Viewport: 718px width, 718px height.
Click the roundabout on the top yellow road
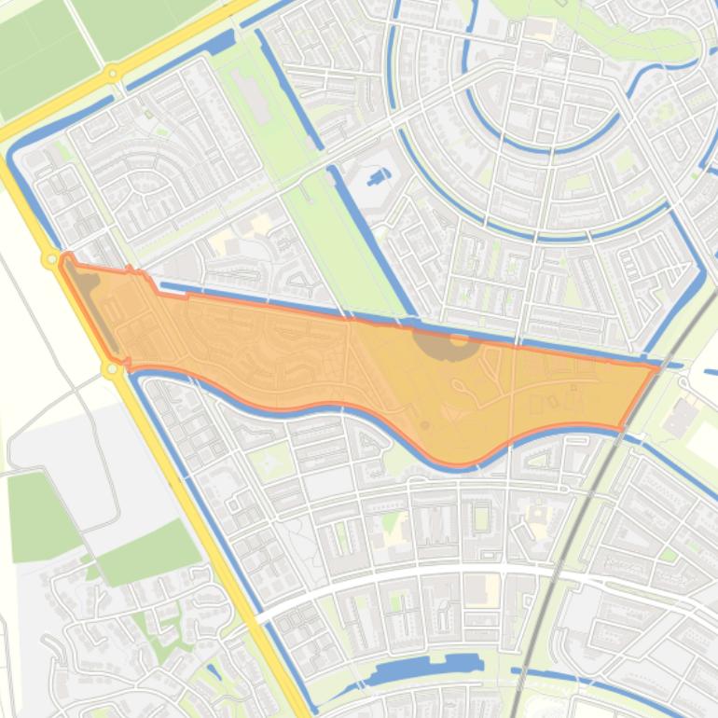[x=112, y=72]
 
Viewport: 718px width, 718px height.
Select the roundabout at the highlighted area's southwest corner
[x=112, y=370]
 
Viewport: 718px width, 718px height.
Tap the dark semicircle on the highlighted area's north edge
[x=447, y=344]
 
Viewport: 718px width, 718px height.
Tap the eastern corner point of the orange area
[x=656, y=368]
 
